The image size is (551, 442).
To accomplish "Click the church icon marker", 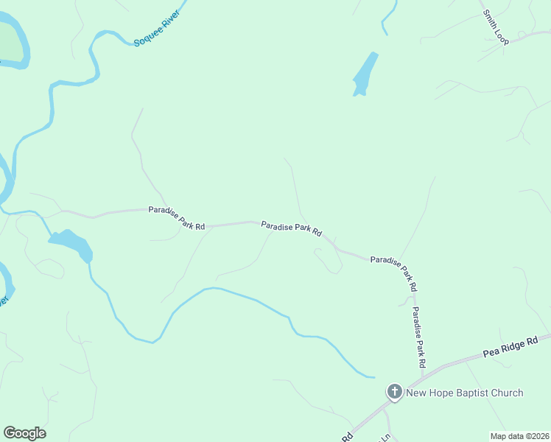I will pos(394,392).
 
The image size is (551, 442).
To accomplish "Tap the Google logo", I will pos(24,433).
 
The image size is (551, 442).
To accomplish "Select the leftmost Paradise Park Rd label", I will pos(176,219).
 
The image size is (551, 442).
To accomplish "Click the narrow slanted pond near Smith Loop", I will pos(365,74).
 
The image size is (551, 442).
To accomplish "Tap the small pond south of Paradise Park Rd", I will pos(71,244).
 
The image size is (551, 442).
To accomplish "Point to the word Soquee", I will pos(145,34).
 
